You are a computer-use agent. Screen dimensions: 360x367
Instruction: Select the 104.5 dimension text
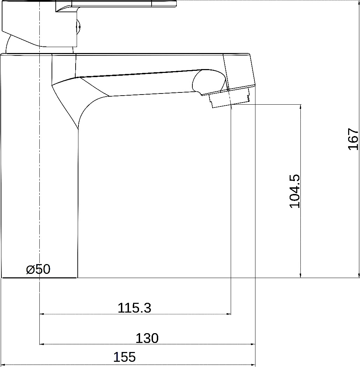(294, 191)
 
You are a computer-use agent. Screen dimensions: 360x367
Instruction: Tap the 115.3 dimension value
(135, 308)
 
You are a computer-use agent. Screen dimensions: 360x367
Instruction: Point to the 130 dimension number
(147, 338)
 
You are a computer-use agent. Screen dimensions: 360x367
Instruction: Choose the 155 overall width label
(124, 357)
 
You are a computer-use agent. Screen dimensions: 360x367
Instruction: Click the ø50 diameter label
(38, 269)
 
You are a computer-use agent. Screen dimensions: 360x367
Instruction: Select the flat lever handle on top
(116, 6)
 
